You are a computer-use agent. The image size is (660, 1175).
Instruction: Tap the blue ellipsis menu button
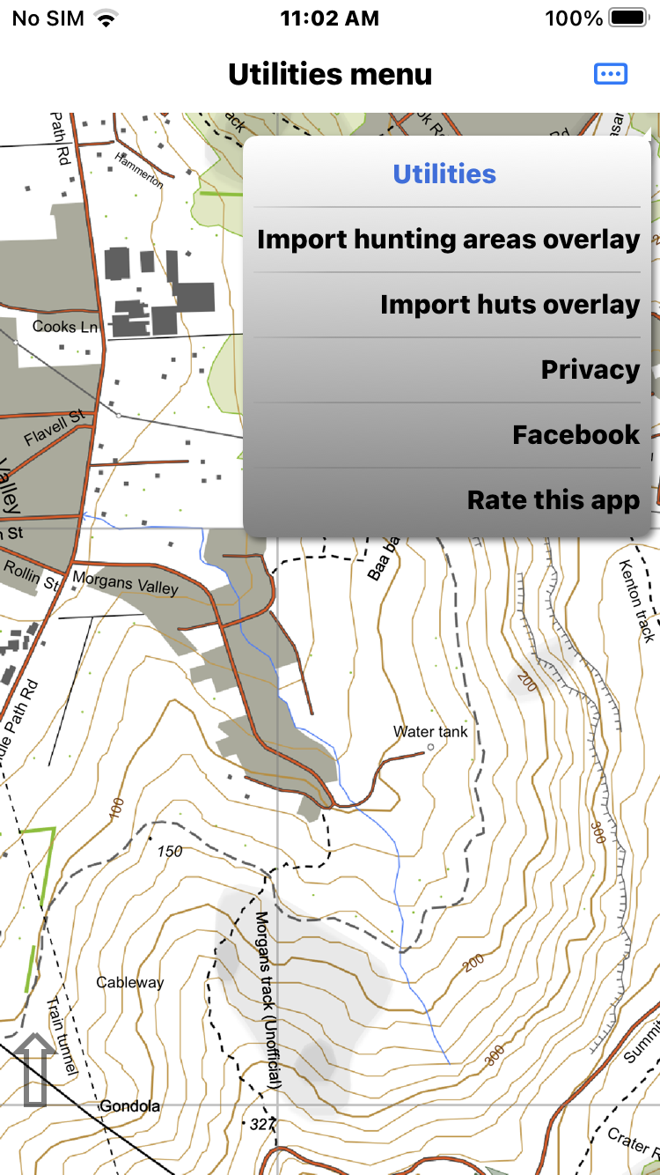(x=611, y=74)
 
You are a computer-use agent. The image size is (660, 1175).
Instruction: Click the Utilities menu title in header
(x=330, y=74)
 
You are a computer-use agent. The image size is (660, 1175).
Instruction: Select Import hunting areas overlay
(x=448, y=240)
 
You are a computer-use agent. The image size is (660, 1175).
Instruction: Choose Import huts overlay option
(x=510, y=305)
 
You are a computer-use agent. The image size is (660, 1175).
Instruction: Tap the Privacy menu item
(x=590, y=370)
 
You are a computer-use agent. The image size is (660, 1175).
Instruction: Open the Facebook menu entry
(x=576, y=435)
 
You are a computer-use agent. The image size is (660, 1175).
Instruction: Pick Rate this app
(x=553, y=500)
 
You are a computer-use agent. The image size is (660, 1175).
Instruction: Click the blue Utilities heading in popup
(x=444, y=174)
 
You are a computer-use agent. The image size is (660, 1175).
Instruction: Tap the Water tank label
(x=430, y=732)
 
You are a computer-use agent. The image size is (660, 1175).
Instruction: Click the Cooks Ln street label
(x=66, y=327)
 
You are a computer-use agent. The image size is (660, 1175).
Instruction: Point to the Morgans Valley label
(x=126, y=583)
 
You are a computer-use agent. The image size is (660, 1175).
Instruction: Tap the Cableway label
(x=130, y=982)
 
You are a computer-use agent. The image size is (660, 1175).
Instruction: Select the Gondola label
(x=129, y=1105)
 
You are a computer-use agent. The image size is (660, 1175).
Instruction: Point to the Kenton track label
(x=638, y=601)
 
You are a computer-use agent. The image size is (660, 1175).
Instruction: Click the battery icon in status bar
(x=629, y=18)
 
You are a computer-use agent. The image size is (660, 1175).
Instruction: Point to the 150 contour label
(x=169, y=852)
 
